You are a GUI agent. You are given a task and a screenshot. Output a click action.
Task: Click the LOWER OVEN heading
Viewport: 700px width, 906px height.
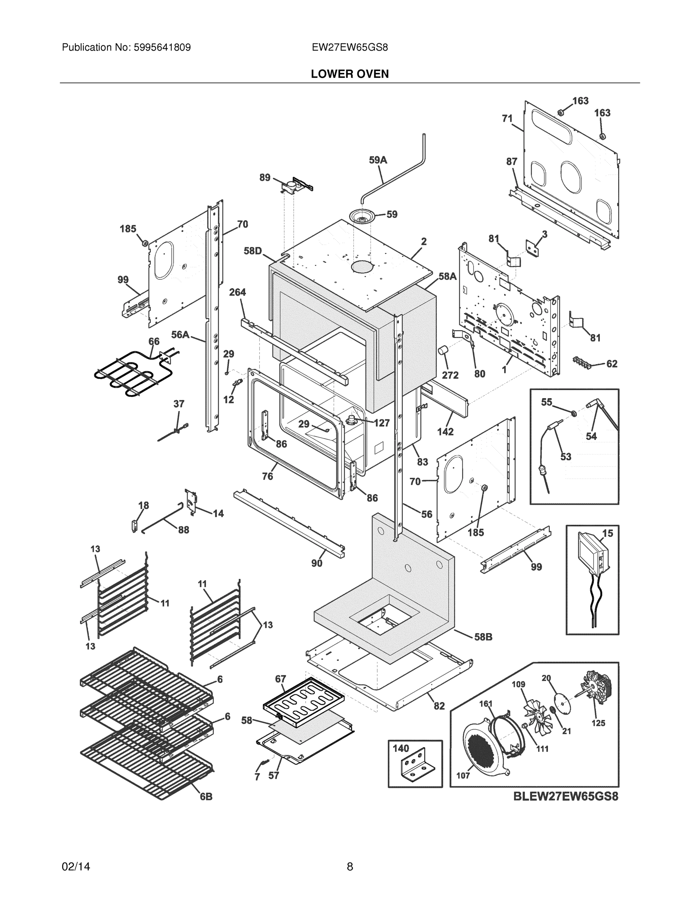coord(349,74)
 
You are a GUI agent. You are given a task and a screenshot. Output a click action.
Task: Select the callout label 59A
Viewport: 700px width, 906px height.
coord(378,160)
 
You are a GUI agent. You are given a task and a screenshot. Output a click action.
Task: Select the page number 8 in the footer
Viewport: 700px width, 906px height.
coord(349,867)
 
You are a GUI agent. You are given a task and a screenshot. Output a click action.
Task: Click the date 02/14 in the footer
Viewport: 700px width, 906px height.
coord(76,867)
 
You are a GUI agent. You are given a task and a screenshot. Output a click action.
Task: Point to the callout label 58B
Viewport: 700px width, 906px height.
coord(483,636)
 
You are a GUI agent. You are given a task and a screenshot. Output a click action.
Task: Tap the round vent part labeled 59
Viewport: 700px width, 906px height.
coord(362,216)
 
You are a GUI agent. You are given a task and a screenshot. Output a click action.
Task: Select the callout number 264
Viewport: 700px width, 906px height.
coord(237,292)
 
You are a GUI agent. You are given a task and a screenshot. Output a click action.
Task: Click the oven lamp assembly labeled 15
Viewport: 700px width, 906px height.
coord(592,556)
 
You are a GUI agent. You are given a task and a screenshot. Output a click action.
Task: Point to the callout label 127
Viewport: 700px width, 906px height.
coord(382,423)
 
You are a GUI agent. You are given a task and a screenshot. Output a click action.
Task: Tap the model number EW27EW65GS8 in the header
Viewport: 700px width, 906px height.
coord(349,47)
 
